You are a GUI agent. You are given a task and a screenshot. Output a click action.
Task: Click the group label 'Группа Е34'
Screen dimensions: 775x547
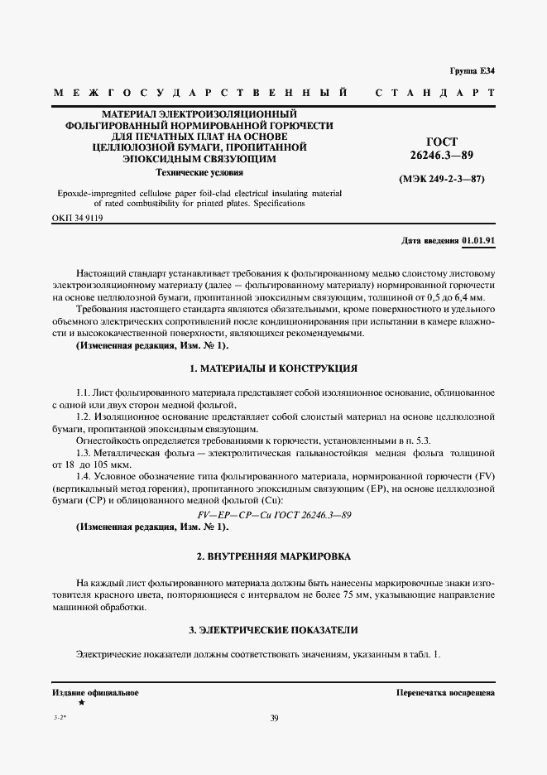click(472, 70)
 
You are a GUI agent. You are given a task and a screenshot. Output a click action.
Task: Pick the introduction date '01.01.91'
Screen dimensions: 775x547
click(478, 241)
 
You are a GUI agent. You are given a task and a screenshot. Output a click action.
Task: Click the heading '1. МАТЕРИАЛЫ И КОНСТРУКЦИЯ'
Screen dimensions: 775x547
click(273, 368)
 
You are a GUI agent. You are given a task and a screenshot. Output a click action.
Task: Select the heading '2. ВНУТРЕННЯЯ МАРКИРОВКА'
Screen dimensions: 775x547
click(273, 556)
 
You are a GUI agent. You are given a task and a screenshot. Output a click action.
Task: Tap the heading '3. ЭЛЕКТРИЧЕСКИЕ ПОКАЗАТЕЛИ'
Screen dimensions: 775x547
click(273, 631)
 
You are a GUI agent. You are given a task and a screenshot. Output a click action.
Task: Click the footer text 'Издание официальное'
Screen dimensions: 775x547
click(95, 692)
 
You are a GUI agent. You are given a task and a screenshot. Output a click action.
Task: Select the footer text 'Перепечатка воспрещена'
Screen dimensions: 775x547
click(445, 692)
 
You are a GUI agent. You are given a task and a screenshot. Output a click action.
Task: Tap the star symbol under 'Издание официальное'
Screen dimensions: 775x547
click(81, 702)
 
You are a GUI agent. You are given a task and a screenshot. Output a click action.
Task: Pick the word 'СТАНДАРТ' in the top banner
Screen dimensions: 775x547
click(435, 93)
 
